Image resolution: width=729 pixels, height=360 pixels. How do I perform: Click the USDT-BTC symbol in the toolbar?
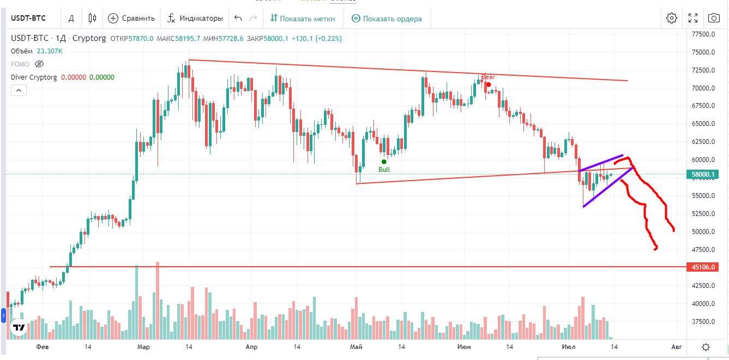(28, 18)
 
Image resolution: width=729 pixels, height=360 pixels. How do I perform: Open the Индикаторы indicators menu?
(195, 18)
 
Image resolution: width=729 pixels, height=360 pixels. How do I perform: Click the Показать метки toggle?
(302, 18)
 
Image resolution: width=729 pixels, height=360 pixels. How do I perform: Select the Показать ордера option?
(387, 18)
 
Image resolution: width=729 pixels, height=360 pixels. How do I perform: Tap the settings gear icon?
(671, 18)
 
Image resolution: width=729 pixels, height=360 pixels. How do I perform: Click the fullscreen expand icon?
(693, 18)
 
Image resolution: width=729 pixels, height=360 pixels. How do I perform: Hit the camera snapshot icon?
(714, 18)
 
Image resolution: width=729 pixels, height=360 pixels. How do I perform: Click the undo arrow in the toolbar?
(238, 18)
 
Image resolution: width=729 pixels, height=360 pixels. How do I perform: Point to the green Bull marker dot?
(384, 161)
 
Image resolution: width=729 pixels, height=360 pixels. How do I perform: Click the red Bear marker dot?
(489, 84)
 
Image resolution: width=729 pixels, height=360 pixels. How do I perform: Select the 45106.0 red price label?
(702, 267)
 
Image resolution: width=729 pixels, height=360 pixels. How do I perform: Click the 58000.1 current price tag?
(702, 175)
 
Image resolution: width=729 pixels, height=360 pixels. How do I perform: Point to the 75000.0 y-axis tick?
(703, 52)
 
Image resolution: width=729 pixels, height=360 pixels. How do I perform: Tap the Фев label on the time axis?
(42, 347)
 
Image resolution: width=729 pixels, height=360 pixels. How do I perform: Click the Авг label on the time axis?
(676, 347)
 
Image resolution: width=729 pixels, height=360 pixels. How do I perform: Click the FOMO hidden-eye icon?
(39, 64)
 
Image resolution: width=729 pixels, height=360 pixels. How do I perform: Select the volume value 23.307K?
(50, 51)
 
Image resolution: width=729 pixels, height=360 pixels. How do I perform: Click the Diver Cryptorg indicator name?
(34, 77)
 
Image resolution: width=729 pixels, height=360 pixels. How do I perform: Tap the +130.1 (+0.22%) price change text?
(317, 39)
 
